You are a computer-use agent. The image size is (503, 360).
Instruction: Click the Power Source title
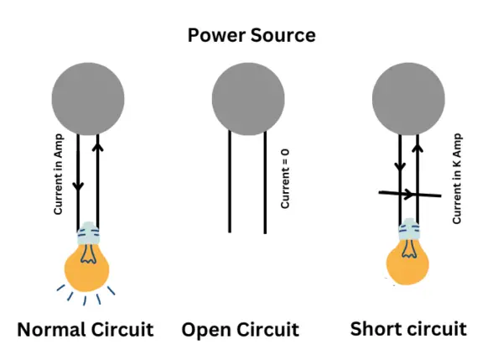tap(251, 35)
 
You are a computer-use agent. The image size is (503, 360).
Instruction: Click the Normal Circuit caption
tap(86, 328)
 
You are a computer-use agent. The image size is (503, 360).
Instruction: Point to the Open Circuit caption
tap(241, 328)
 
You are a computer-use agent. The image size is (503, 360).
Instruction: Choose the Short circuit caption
tap(408, 328)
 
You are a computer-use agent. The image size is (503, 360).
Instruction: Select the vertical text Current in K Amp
tap(458, 178)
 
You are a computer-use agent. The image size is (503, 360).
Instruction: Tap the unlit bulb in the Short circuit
tap(408, 265)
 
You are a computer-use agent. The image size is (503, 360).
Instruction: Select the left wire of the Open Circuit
tap(231, 182)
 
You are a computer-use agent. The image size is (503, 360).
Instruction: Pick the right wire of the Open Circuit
tap(266, 182)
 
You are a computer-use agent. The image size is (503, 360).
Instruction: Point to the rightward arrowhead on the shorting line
tap(407, 195)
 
